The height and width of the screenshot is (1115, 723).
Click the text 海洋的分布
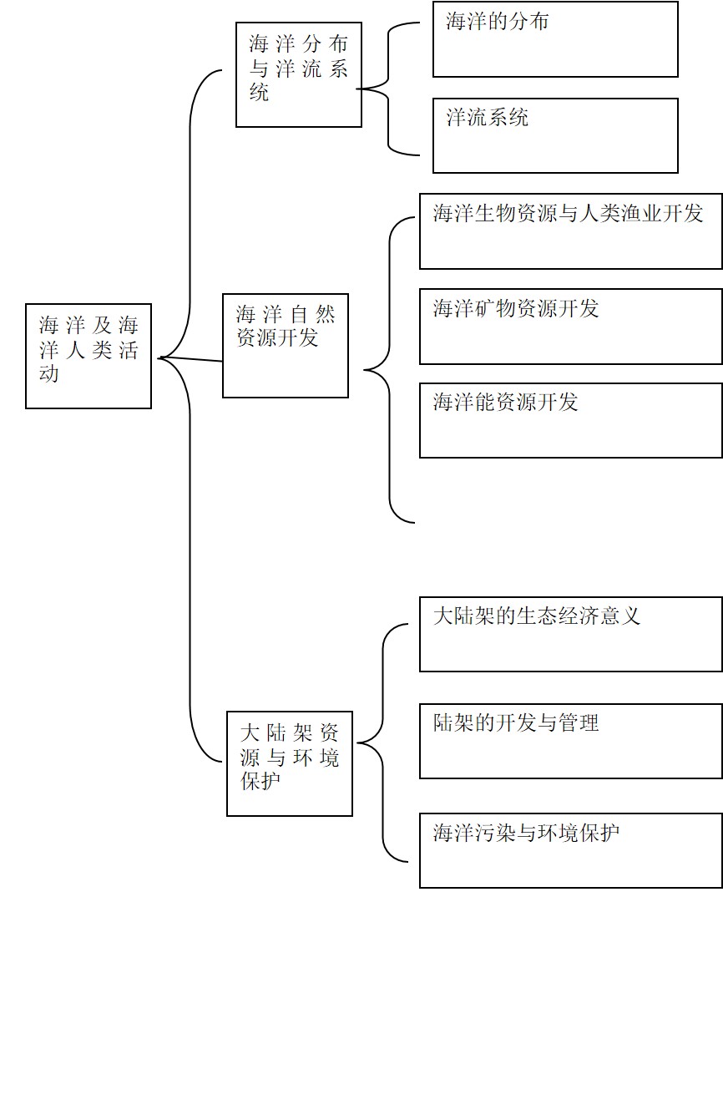tap(497, 22)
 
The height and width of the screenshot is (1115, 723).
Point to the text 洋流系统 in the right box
tap(487, 118)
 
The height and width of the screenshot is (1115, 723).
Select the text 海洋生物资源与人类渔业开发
tap(568, 214)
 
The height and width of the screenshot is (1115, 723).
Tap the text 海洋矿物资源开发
tap(515, 309)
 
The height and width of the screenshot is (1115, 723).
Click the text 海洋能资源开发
tap(505, 403)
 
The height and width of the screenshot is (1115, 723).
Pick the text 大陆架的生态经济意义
tap(536, 616)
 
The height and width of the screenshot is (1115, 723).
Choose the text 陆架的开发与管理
tap(515, 722)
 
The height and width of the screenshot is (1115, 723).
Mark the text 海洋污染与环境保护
tap(526, 832)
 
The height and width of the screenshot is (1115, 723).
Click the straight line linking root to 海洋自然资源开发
tap(191, 359)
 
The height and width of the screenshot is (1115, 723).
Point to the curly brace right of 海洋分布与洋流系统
tap(388, 89)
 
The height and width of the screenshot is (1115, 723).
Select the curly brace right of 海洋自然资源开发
tap(390, 370)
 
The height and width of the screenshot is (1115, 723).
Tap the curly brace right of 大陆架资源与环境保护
tap(382, 742)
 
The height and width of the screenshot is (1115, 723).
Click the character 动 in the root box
tap(48, 373)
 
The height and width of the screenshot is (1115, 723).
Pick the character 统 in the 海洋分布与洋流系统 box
tap(260, 92)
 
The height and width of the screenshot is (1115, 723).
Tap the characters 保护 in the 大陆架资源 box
tap(260, 781)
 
